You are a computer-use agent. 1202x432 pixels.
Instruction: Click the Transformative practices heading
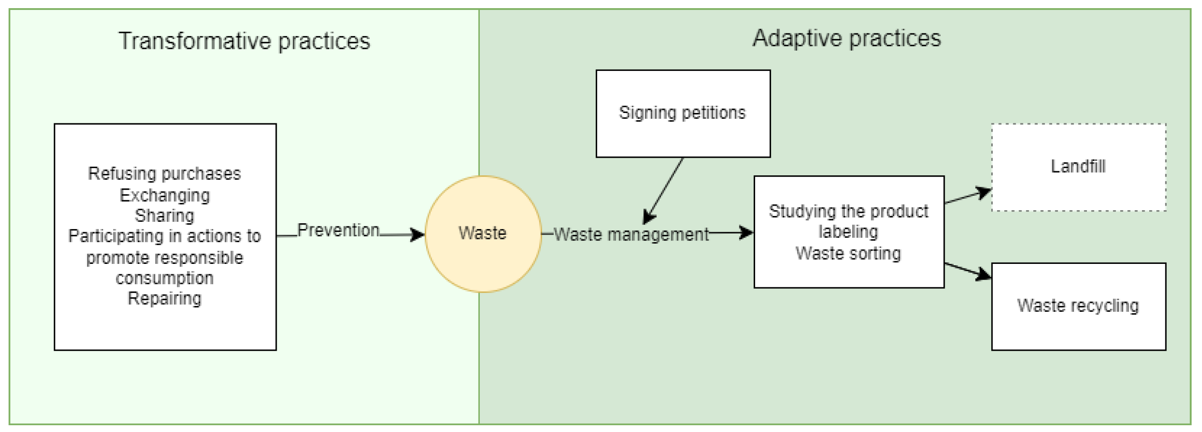pos(244,41)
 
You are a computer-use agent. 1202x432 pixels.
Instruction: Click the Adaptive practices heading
pos(846,38)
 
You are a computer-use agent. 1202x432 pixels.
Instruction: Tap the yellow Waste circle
pos(483,234)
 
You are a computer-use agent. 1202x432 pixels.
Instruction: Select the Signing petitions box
pos(682,113)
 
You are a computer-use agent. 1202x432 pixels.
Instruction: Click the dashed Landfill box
pos(1078,167)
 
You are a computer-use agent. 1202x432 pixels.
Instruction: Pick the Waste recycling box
pos(1078,306)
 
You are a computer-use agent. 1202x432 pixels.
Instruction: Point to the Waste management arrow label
pos(631,235)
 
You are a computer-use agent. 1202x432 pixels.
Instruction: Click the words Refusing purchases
pos(164,174)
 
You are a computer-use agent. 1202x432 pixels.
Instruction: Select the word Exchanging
pos(164,195)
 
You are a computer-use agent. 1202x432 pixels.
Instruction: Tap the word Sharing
pos(164,216)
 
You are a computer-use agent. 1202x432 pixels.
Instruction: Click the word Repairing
pos(164,298)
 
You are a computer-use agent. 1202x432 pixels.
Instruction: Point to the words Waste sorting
pos(848,254)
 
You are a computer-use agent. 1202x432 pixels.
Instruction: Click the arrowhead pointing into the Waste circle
pos(417,235)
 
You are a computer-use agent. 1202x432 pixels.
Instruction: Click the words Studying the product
pos(848,211)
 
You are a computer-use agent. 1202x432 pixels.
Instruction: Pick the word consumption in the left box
pos(164,278)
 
